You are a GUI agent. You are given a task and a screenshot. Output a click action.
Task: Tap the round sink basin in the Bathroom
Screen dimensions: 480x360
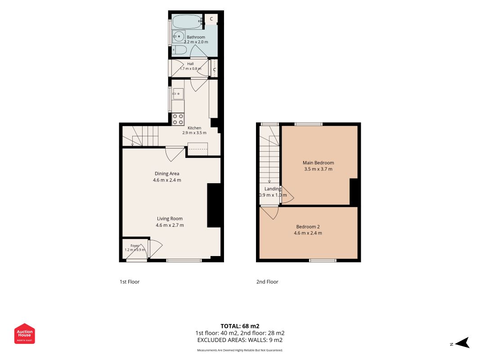pos(179,37)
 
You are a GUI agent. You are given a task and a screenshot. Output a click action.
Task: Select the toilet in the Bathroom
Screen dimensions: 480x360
pos(179,50)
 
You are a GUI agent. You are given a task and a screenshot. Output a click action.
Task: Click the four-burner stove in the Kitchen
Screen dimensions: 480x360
pos(178,119)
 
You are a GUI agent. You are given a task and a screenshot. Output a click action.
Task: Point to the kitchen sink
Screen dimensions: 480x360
pos(178,94)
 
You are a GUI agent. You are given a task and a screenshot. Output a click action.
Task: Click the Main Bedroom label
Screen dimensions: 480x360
pos(319,163)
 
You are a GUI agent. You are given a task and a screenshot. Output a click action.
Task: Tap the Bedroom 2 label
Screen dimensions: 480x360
pos(308,227)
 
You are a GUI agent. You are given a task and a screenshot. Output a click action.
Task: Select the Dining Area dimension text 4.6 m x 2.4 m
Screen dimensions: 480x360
pos(167,180)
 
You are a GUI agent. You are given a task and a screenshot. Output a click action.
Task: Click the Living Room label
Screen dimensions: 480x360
pos(170,219)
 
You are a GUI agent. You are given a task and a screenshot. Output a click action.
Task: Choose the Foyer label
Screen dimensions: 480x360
pos(135,246)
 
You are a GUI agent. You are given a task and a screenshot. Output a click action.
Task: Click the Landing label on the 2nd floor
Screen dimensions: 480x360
pos(273,189)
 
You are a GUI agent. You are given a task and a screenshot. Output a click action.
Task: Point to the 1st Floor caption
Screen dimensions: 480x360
pos(130,282)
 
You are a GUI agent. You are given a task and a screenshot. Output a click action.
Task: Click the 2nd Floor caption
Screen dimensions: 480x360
pos(267,282)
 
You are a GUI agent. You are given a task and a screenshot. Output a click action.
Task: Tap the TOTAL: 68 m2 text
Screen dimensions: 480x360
pos(240,326)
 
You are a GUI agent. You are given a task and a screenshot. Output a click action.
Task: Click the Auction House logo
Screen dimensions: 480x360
pos(24,333)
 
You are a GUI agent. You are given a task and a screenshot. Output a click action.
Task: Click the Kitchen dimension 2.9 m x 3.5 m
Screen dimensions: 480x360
pos(194,133)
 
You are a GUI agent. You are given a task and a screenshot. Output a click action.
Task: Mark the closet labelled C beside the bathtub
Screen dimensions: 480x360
pos(211,18)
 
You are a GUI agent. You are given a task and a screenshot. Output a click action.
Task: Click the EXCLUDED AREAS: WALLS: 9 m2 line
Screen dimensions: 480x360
pos(240,340)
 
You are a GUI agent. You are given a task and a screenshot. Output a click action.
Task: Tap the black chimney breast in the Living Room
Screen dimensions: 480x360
pos(214,205)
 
